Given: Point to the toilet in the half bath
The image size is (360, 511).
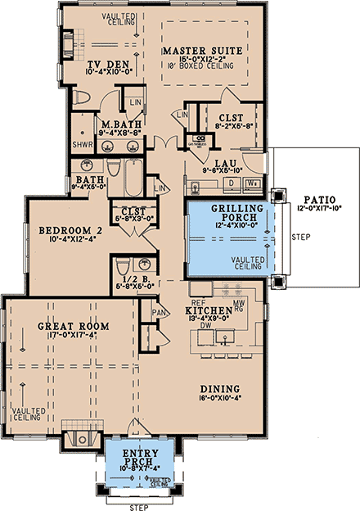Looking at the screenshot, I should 121,266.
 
